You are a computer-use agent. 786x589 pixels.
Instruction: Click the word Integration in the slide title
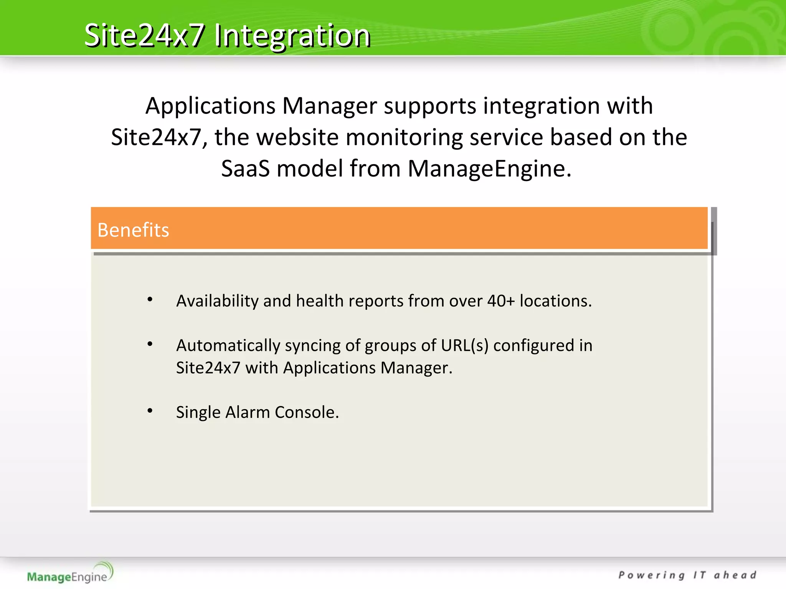click(292, 36)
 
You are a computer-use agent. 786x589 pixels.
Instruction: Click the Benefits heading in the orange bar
click(133, 230)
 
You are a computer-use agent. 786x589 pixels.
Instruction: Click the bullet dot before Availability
click(150, 299)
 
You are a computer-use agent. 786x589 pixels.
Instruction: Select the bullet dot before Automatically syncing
click(150, 344)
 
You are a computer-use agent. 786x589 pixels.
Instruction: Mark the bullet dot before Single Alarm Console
click(150, 411)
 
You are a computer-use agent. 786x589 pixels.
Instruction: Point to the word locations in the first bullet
click(555, 301)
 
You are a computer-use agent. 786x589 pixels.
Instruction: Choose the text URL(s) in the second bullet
click(464, 346)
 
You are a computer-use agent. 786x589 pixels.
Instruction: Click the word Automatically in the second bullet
click(228, 346)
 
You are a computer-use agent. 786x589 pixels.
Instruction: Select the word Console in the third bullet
click(307, 413)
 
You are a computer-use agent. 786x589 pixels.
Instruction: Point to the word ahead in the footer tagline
click(735, 575)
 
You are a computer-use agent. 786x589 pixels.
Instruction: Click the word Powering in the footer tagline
click(652, 575)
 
